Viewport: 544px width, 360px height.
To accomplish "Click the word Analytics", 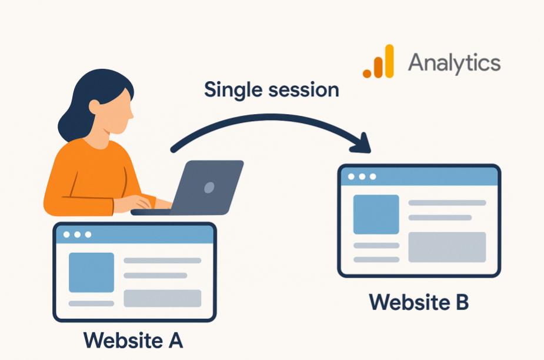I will pos(454,62).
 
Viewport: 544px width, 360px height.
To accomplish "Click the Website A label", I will pos(134,340).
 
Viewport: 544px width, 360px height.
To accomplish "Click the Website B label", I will pos(419,302).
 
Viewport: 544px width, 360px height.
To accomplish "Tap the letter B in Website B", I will pos(461,302).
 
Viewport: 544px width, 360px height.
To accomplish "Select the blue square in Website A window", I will pos(91,272).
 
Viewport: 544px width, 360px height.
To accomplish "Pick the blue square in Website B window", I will pos(376,214).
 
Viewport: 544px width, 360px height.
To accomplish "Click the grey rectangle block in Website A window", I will pos(162,298).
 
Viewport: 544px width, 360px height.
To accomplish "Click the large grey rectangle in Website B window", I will pos(447,247).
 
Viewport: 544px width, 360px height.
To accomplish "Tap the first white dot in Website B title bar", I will pos(351,176).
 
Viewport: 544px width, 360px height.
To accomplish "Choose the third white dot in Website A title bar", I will pos(88,235).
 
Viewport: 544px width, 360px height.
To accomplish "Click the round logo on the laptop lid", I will pos(209,188).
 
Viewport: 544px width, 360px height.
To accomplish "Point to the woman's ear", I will pos(94,106).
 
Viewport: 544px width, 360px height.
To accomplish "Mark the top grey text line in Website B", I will pos(447,203).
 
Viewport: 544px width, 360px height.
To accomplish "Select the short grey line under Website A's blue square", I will pos(91,304).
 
